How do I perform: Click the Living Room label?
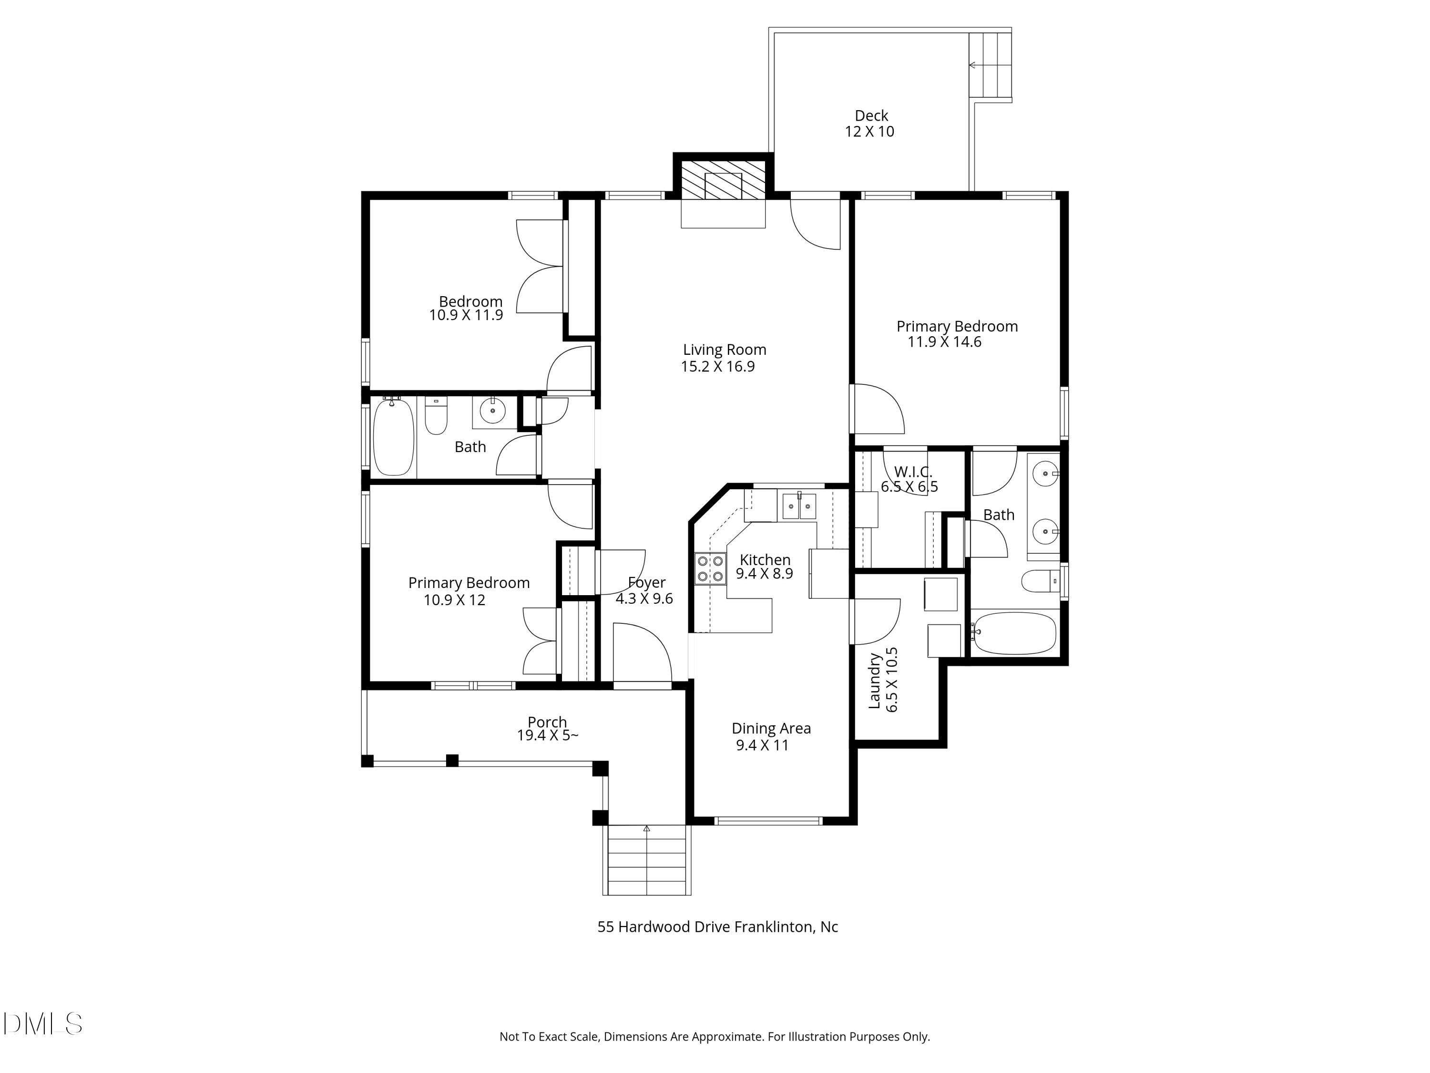coord(725,350)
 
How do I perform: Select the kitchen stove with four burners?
coord(710,569)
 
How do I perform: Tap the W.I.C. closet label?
coord(913,473)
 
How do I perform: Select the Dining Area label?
coord(771,729)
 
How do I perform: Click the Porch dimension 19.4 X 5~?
coord(548,735)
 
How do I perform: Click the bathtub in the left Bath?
coord(393,437)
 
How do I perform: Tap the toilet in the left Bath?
coord(436,415)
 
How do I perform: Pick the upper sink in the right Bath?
coord(1045,474)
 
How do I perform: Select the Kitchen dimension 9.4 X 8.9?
coord(764,574)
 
